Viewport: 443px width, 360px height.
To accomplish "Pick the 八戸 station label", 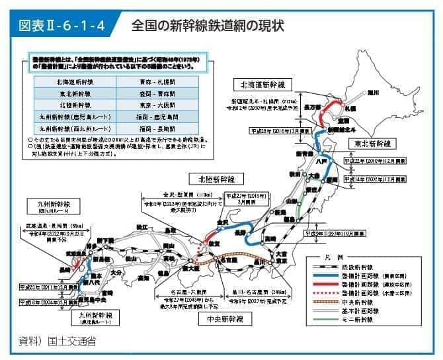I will [322, 160].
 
